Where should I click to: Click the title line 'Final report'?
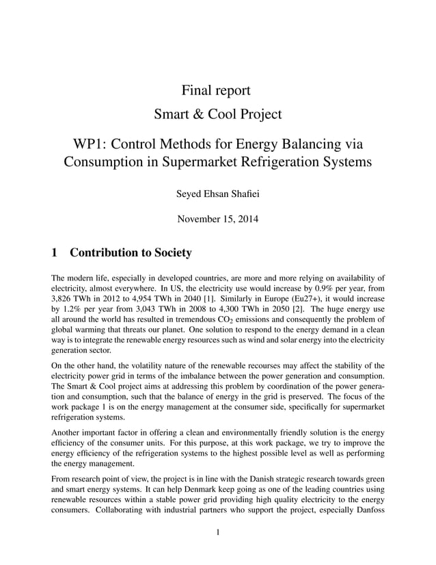pos(217,90)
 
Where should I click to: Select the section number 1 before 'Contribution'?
pos(55,253)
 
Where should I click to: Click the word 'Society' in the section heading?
pos(167,253)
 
